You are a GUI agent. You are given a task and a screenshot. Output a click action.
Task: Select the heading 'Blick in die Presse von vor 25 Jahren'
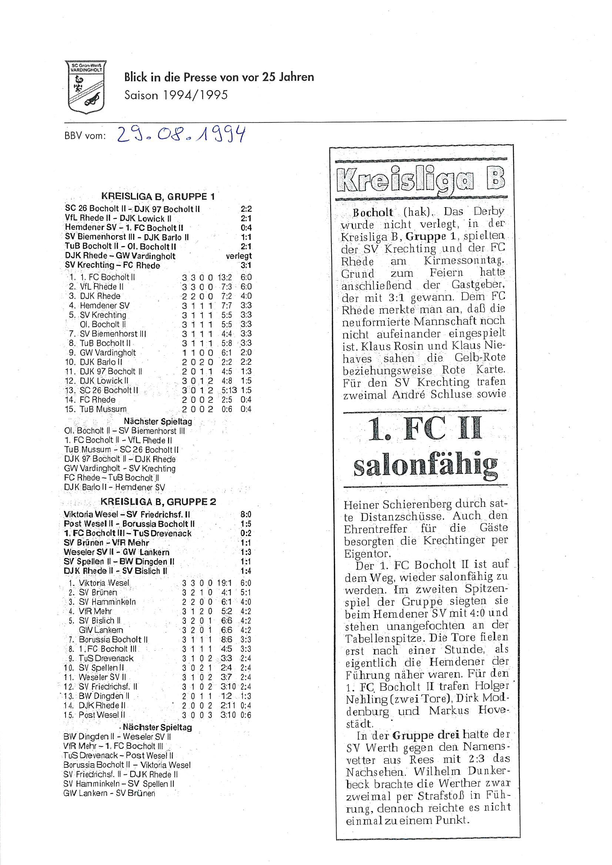point(219,77)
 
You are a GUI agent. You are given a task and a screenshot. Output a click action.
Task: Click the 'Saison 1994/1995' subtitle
point(176,95)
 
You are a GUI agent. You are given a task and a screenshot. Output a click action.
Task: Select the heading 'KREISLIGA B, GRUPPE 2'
point(158,502)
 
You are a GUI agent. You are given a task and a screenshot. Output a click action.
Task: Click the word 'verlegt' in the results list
point(239,256)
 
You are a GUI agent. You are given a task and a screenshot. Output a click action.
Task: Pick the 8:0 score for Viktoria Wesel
point(245,515)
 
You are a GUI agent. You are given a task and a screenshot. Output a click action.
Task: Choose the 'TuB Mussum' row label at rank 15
point(103,409)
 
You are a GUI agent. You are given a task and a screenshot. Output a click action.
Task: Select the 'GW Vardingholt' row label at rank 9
point(108,353)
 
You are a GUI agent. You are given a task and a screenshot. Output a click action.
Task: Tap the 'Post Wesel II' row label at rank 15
point(102,715)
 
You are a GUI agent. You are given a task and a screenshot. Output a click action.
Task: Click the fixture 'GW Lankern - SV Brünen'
point(109,793)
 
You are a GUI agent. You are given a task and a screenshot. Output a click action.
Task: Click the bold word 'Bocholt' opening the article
point(373,213)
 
